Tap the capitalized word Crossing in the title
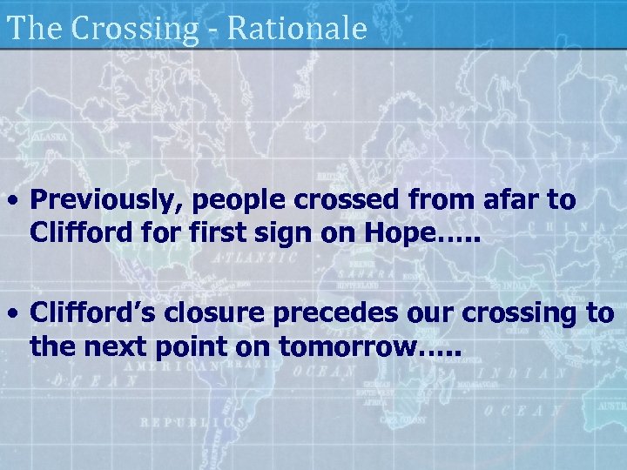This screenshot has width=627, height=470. point(135,30)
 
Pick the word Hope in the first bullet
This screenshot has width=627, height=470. point(399,233)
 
